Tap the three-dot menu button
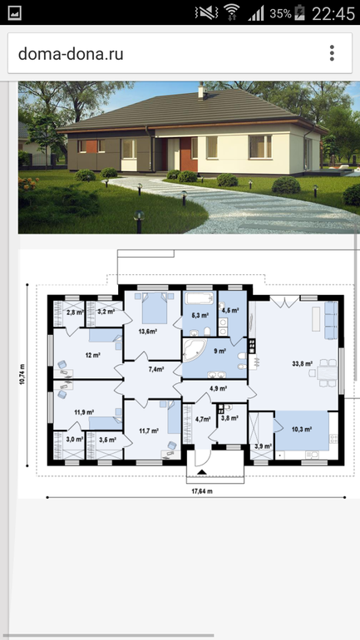(332, 53)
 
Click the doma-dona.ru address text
(71, 54)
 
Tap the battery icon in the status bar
(299, 12)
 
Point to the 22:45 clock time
(333, 13)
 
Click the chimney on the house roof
(202, 91)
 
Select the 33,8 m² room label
(303, 363)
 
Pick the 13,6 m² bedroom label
(148, 332)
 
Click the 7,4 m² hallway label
(156, 369)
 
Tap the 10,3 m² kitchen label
(302, 429)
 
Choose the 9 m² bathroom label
(220, 351)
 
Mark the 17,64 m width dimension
(202, 491)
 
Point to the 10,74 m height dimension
(22, 374)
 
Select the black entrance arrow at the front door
(203, 472)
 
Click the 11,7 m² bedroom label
(149, 431)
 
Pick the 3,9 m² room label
(264, 446)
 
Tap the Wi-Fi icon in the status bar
(231, 12)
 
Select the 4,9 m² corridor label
(219, 388)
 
